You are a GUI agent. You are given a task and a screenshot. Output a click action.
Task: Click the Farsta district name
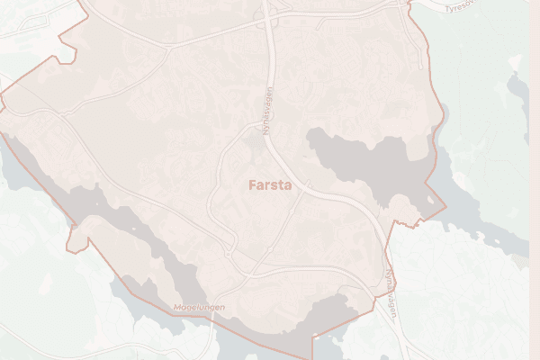point(269,186)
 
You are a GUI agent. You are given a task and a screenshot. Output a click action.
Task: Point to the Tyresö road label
point(468,6)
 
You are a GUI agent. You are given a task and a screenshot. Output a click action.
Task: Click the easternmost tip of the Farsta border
point(445,203)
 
